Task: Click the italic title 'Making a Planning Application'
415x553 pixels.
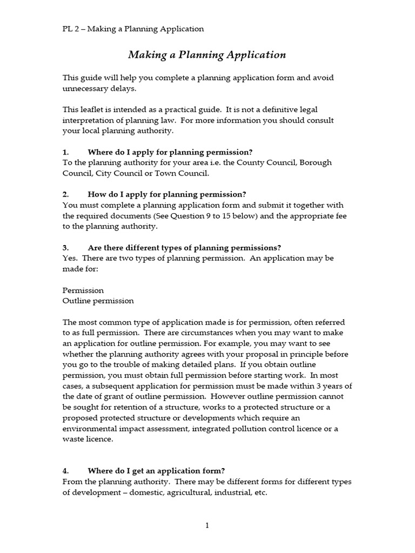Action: pyautogui.click(x=207, y=55)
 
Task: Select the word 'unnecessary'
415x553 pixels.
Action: pyautogui.click(x=88, y=88)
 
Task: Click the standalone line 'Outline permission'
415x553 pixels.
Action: pyautogui.click(x=98, y=301)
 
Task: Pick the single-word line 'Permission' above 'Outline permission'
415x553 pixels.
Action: pyautogui.click(x=83, y=290)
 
